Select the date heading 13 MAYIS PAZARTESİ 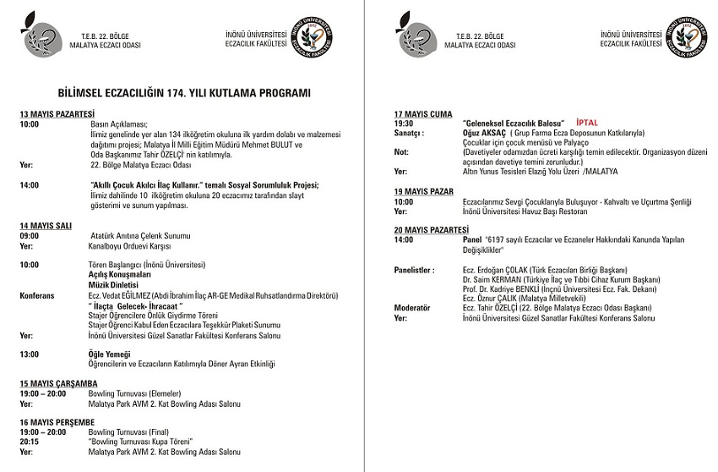[x=57, y=113]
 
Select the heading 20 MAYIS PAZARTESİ [x=431, y=229]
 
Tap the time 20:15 [x=29, y=442]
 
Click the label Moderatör [x=412, y=308]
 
